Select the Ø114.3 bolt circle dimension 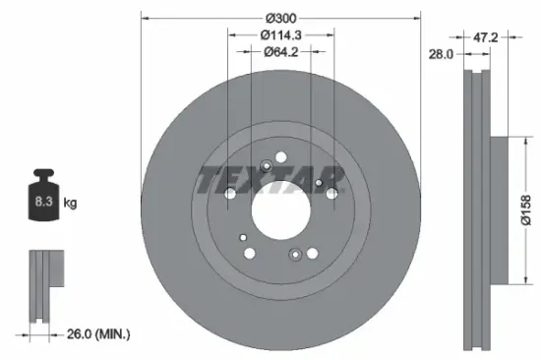(x=280, y=34)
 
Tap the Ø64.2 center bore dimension (x=280, y=53)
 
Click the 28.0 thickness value (x=439, y=56)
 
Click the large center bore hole (x=280, y=208)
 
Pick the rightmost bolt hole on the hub (x=331, y=196)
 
